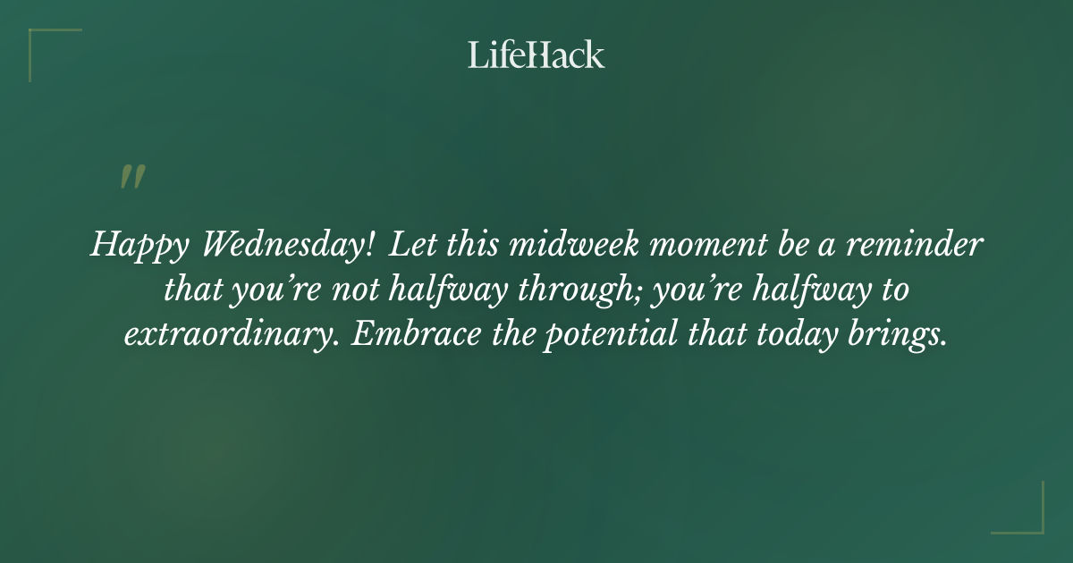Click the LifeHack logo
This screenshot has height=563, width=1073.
[536, 55]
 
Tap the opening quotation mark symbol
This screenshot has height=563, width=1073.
[132, 177]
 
